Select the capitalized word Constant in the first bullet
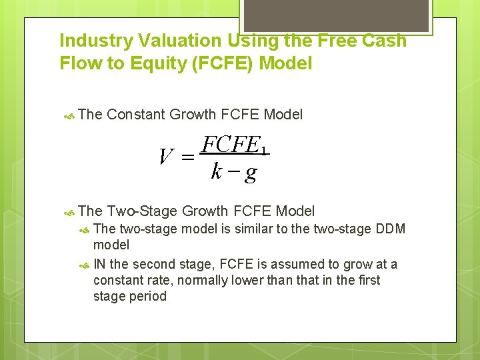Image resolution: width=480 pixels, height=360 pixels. (136, 115)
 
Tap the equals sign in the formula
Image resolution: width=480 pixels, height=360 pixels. (187, 158)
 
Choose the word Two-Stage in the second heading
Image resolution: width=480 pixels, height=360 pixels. (142, 211)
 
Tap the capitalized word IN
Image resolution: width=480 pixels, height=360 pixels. (101, 264)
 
